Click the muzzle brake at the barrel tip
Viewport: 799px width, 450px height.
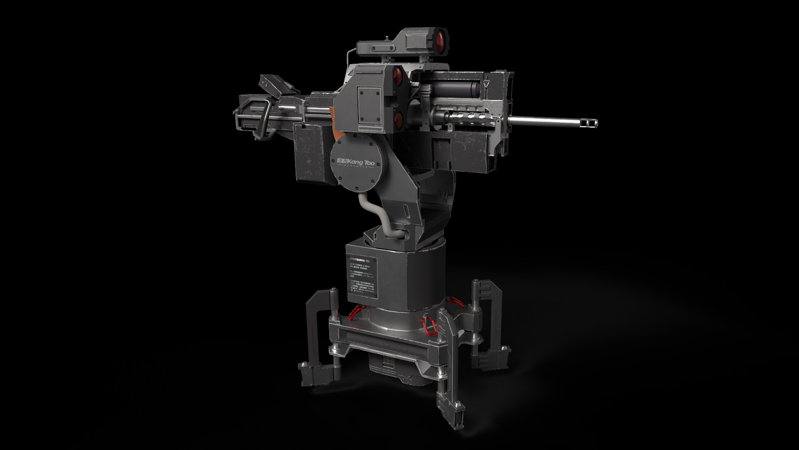click(x=591, y=122)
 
